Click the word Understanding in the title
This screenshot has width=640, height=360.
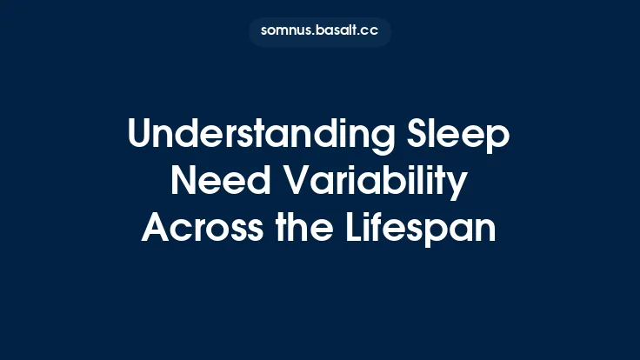click(x=257, y=137)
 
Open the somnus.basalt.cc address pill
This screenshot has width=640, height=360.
click(x=320, y=31)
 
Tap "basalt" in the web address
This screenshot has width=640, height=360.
click(x=336, y=31)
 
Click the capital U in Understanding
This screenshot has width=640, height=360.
click(x=139, y=137)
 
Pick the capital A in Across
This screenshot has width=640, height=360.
click(x=155, y=228)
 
